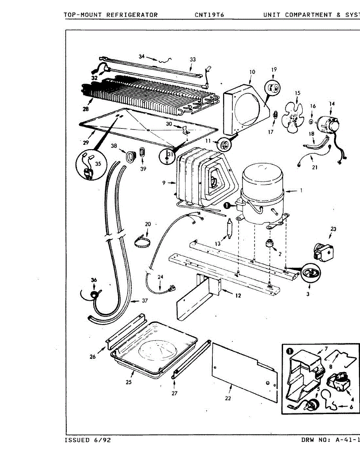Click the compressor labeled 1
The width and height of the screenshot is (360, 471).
262,196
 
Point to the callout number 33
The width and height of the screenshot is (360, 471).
192,59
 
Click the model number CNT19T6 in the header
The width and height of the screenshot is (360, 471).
209,15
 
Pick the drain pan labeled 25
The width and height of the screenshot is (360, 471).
153,349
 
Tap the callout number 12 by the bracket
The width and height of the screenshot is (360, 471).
238,296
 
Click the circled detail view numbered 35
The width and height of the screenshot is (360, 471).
90,165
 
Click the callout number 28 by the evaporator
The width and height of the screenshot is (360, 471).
86,108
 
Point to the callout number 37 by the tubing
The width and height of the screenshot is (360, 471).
145,301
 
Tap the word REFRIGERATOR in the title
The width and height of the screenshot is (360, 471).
132,15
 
